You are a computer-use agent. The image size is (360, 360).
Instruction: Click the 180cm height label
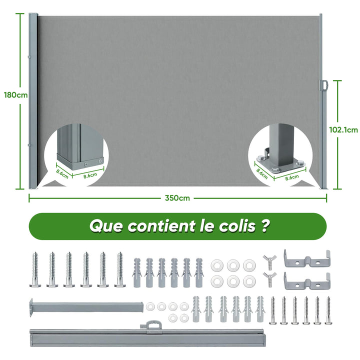pyautogui.click(x=15, y=95)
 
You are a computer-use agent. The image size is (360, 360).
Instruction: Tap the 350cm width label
pyautogui.click(x=177, y=198)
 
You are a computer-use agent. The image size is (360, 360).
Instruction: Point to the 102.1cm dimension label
pyautogui.click(x=343, y=130)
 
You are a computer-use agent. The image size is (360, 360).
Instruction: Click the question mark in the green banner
pyautogui.click(x=265, y=225)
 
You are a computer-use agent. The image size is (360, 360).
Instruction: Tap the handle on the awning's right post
pyautogui.click(x=324, y=85)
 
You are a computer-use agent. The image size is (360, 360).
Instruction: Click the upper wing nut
pyautogui.click(x=270, y=262)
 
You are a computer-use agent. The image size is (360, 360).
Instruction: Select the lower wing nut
pyautogui.click(x=270, y=279)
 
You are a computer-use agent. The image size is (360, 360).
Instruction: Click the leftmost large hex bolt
pyautogui.click(x=35, y=269)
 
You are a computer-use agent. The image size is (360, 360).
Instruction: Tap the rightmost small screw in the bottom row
pyautogui.click(x=328, y=310)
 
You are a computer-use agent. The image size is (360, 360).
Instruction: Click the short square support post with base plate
pyautogui.click(x=86, y=307)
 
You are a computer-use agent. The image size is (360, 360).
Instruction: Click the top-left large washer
pyautogui.click(x=217, y=265)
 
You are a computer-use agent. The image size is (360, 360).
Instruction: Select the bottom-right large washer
pyautogui.click(x=249, y=281)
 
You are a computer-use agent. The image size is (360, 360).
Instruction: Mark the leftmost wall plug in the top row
pyautogui.click(x=137, y=273)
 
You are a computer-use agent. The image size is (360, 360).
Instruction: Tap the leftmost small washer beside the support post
pyautogui.click(x=150, y=306)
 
